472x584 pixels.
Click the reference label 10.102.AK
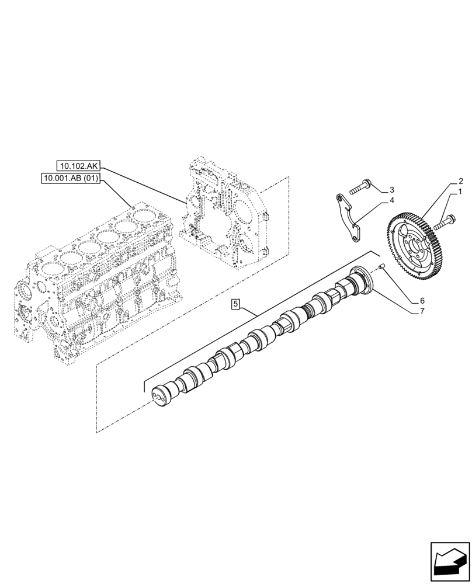[79, 166]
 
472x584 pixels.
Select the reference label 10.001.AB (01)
[71, 179]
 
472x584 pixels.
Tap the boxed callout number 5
[235, 303]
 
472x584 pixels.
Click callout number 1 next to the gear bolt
[460, 192]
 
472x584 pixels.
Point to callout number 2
[460, 181]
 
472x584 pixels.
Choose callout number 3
[392, 190]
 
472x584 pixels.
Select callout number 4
[392, 201]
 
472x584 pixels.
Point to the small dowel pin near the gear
[380, 267]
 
